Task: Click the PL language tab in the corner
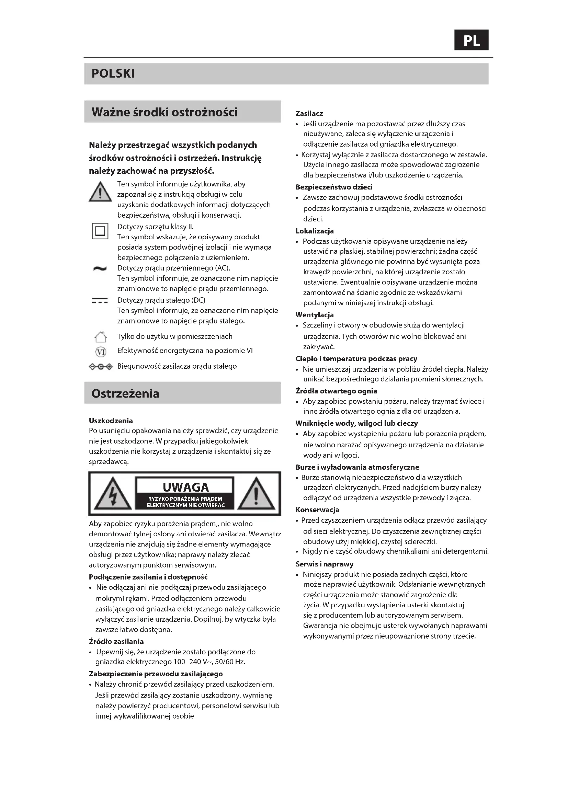tap(471, 40)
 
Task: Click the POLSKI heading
tap(113, 73)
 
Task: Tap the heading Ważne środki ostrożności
tap(164, 112)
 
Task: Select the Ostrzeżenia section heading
tap(125, 393)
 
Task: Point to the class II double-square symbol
tap(100, 231)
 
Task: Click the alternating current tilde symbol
tap(100, 268)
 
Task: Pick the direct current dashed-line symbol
tap(100, 301)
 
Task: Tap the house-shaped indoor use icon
tap(101, 337)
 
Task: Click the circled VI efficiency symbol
tap(101, 352)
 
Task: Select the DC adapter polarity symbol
tap(101, 367)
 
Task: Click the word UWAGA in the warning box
tap(185, 487)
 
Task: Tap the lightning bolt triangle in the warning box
tap(113, 494)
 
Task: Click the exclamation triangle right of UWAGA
tap(256, 494)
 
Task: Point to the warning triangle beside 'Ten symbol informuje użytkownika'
tap(100, 192)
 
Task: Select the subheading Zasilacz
tap(309, 114)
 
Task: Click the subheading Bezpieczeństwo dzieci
tap(334, 187)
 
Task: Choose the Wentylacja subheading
tap(315, 315)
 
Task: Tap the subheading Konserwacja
tap(317, 510)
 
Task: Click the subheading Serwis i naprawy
tap(324, 564)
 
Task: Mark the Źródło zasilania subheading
tap(116, 641)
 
